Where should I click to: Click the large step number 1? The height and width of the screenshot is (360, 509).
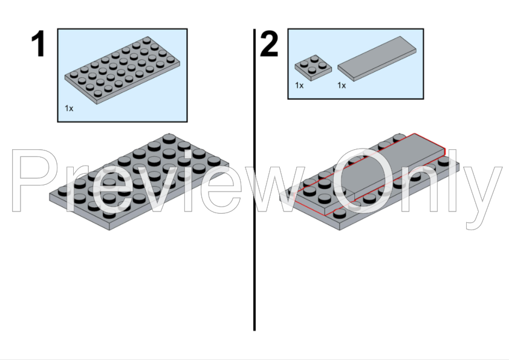click(x=38, y=43)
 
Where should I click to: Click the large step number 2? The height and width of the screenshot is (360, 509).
click(x=269, y=43)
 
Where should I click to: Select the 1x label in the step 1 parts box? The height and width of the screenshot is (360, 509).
click(x=69, y=108)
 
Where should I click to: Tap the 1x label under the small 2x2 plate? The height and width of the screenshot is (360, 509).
click(x=299, y=85)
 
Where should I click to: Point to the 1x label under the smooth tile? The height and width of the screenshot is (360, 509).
click(x=342, y=85)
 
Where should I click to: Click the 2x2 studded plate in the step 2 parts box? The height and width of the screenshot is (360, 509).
click(x=313, y=68)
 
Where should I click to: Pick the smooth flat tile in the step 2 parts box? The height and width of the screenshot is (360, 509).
click(x=377, y=59)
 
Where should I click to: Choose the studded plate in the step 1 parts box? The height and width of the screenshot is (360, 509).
click(x=122, y=70)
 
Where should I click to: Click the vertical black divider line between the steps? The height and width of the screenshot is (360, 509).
click(x=254, y=179)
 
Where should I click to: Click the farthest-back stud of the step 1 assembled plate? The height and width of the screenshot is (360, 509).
click(x=169, y=138)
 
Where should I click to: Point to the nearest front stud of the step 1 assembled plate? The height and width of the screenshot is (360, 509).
click(x=109, y=213)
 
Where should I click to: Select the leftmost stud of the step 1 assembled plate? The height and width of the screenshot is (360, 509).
click(x=64, y=191)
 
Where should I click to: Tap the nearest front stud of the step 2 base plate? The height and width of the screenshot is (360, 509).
click(x=340, y=213)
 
